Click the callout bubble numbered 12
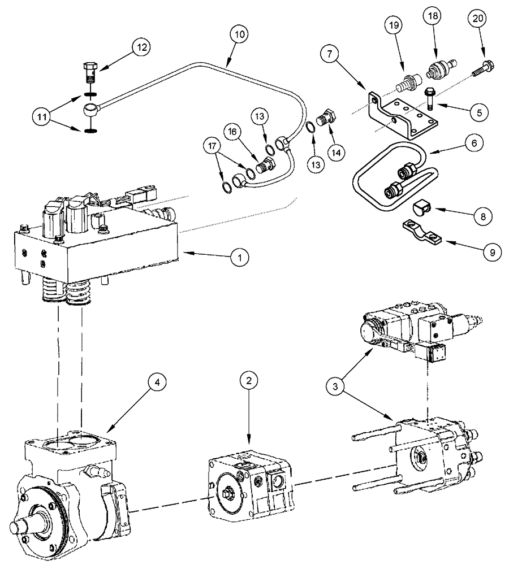(x=141, y=48)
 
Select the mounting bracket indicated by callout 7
(x=403, y=116)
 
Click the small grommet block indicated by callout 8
(x=421, y=210)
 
